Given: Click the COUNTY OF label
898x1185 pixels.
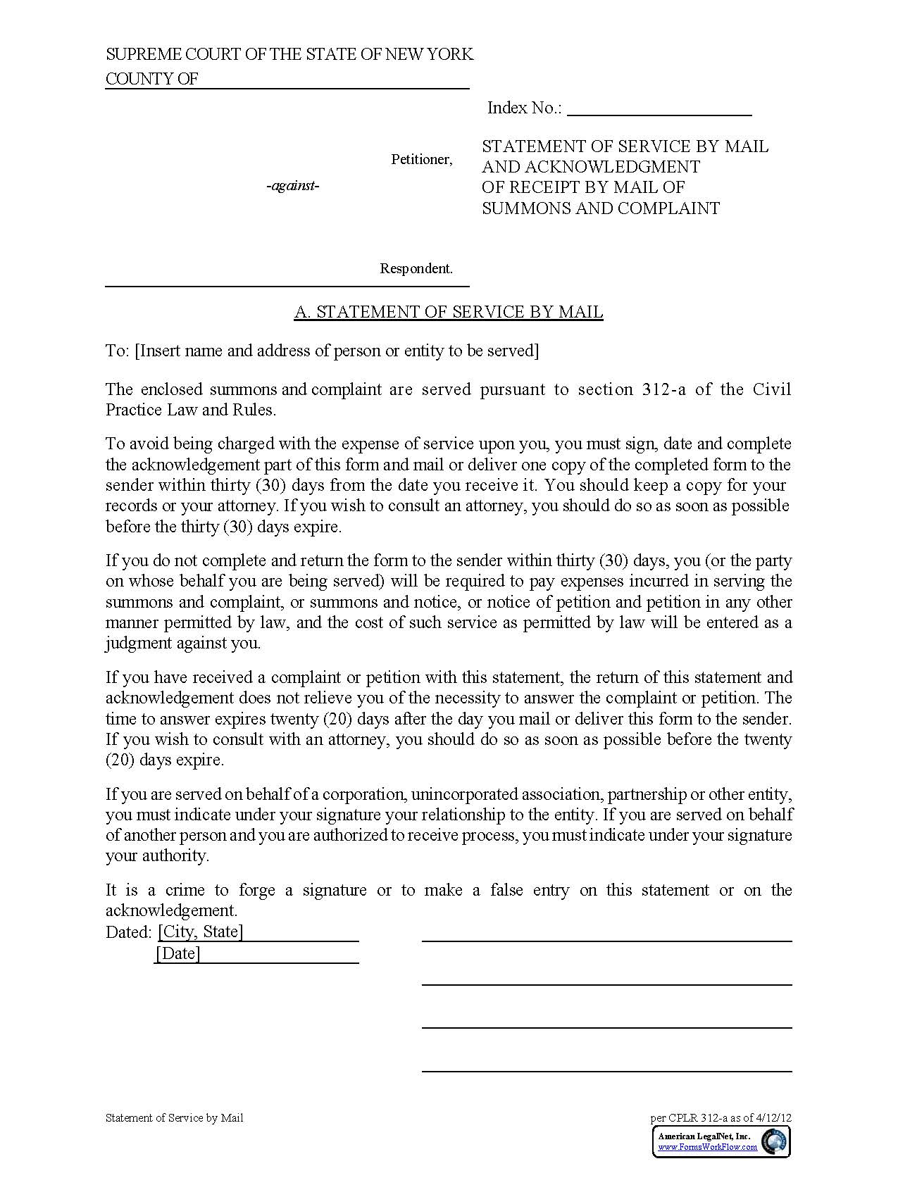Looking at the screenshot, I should tap(151, 79).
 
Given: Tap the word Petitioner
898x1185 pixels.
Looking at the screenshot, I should tap(421, 160).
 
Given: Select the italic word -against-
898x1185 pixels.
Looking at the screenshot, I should tap(293, 186).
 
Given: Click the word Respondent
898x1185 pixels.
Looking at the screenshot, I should tap(416, 268).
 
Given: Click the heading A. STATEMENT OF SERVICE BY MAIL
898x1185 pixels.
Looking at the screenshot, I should tap(449, 312).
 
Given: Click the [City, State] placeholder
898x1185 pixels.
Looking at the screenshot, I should tap(201, 932).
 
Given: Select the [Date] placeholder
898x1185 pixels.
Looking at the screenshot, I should tap(178, 954).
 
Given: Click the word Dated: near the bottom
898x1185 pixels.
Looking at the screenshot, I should tap(128, 932).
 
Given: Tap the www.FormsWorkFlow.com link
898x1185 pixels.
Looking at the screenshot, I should tap(707, 1147).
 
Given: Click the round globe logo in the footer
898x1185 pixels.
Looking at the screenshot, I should tap(775, 1141).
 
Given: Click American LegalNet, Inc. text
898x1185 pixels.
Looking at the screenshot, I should tap(704, 1136).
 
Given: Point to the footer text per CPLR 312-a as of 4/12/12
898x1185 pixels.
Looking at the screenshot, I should tap(721, 1117).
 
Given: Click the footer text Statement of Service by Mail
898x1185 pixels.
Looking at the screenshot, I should tap(174, 1117).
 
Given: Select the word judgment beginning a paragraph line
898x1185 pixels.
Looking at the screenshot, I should tap(138, 643).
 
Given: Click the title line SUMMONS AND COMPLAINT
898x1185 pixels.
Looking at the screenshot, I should tap(601, 208).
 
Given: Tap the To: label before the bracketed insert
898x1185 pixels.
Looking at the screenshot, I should tap(117, 351).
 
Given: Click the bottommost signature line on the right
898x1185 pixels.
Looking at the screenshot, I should tap(606, 1071).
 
